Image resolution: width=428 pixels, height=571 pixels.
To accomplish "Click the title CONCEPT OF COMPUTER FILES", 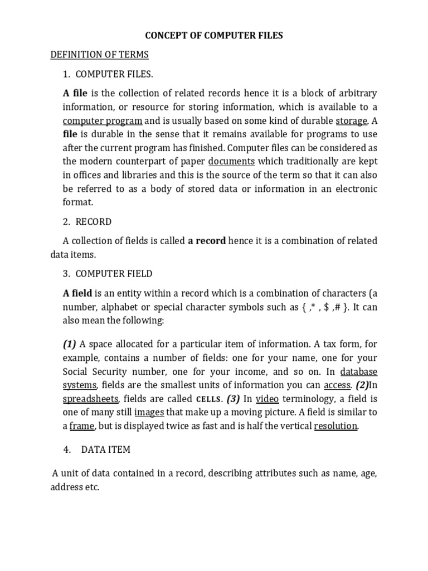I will point(214,36).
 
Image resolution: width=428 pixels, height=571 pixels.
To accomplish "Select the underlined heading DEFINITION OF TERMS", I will point(99,55).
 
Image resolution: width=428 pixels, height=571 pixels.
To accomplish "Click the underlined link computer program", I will point(102,120).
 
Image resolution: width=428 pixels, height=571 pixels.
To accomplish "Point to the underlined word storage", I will point(351,120).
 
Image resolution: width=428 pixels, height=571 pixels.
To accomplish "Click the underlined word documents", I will point(231,162).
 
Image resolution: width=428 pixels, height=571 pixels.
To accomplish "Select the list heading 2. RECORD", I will point(87,222).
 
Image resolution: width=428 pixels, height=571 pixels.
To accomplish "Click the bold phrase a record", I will point(207,241).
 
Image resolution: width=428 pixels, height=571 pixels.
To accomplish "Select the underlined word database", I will point(358,371).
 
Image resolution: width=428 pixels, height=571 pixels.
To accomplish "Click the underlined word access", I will point(337,385).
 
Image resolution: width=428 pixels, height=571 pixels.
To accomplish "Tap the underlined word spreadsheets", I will point(90,399).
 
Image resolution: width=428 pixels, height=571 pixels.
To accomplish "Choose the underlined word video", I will point(267,399).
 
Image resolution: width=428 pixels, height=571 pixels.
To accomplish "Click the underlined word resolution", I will point(335,426).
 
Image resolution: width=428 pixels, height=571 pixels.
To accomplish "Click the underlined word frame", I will point(82,426).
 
